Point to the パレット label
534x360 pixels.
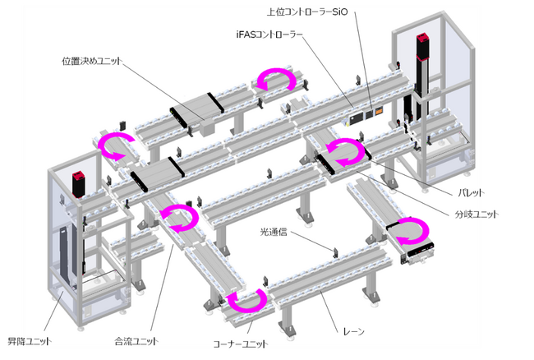[468, 192]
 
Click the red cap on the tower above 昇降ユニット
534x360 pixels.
[80, 177]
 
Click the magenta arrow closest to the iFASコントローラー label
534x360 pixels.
[278, 80]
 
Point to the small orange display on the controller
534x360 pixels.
[379, 110]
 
